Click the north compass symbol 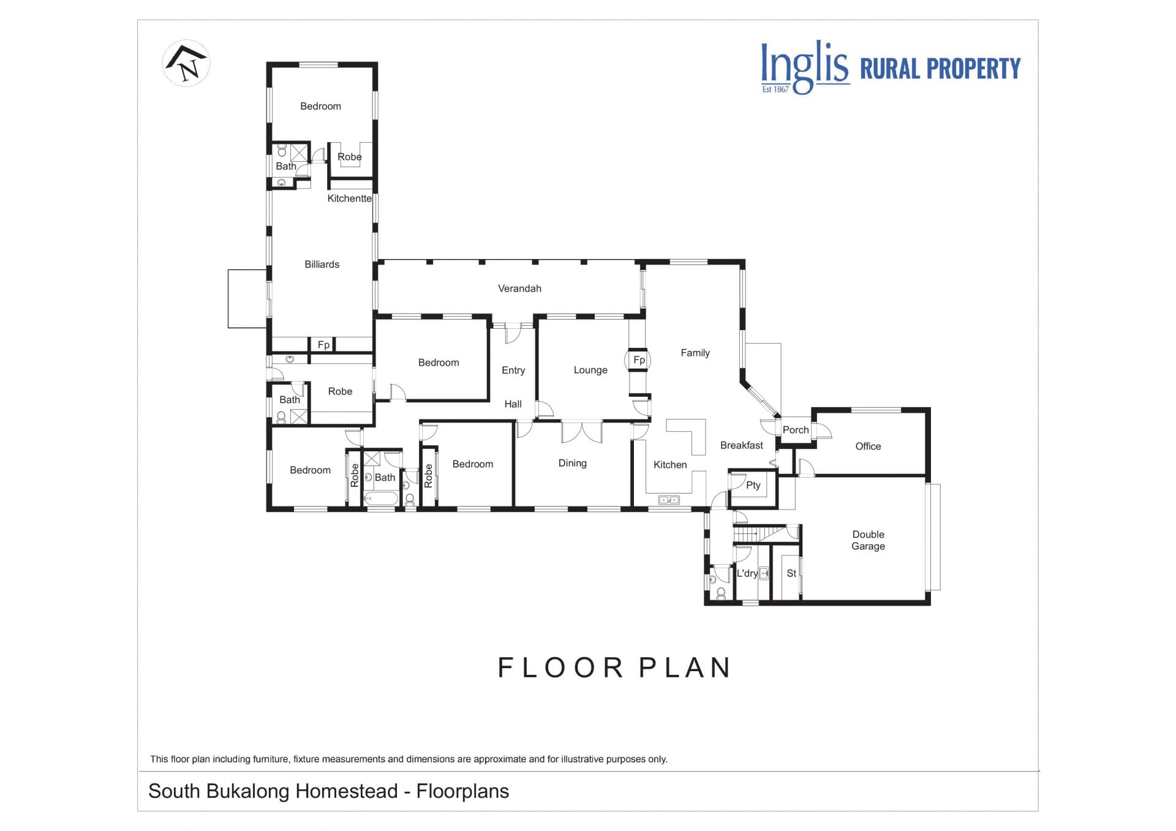[x=186, y=62]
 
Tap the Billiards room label [x=322, y=265]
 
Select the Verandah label [x=519, y=288]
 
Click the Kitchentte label [x=349, y=198]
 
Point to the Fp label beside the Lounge [x=639, y=360]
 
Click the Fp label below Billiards [x=323, y=345]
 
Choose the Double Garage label [x=868, y=540]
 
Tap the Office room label [x=868, y=446]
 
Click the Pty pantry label [x=753, y=485]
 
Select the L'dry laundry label [x=747, y=573]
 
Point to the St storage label [x=791, y=573]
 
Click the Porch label [x=796, y=430]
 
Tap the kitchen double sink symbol [x=669, y=500]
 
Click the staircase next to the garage [x=759, y=533]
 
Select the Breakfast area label [x=741, y=445]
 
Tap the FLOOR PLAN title [x=614, y=667]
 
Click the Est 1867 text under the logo [x=775, y=89]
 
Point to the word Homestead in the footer [x=347, y=791]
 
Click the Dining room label [x=572, y=463]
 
